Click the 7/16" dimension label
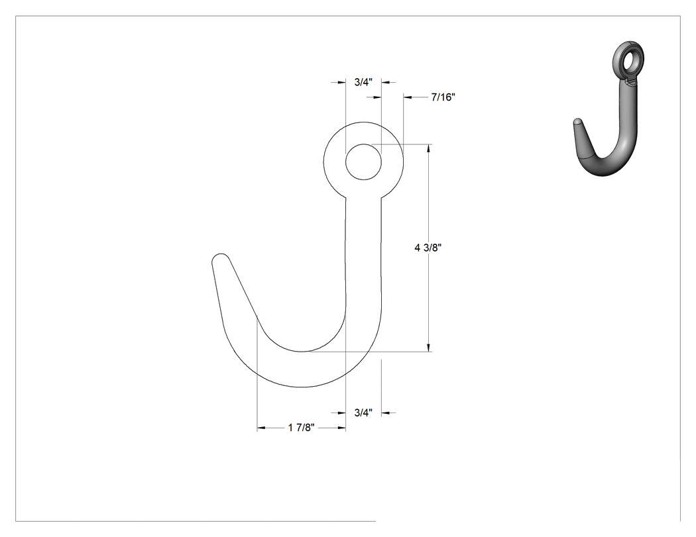click(443, 97)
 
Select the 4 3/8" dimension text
click(428, 248)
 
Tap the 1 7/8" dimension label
click(302, 428)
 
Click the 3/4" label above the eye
click(363, 82)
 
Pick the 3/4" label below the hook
click(363, 413)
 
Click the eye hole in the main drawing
click(363, 162)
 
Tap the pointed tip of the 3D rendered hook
click(577, 121)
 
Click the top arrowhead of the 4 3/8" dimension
click(428, 148)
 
